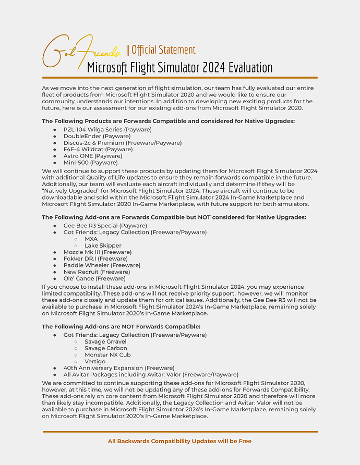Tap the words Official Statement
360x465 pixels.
[x=163, y=50]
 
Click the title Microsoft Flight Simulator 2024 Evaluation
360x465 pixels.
[x=179, y=68]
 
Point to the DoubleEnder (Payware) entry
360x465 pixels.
[x=89, y=136]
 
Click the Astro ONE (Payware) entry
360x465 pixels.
[x=92, y=156]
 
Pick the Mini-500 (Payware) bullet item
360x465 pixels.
[x=91, y=163]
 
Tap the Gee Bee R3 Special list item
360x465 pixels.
[x=98, y=226]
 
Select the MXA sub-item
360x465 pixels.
[x=91, y=239]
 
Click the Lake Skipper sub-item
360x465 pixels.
[x=103, y=246]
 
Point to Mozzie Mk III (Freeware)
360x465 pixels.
[x=97, y=252]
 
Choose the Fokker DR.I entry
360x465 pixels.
[x=95, y=259]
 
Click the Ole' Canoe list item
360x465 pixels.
[x=94, y=278]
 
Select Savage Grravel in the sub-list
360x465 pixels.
[x=106, y=341]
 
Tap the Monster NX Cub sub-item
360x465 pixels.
[x=107, y=355]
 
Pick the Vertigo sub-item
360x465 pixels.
[x=95, y=361]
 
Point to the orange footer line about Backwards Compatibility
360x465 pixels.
[x=179, y=441]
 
